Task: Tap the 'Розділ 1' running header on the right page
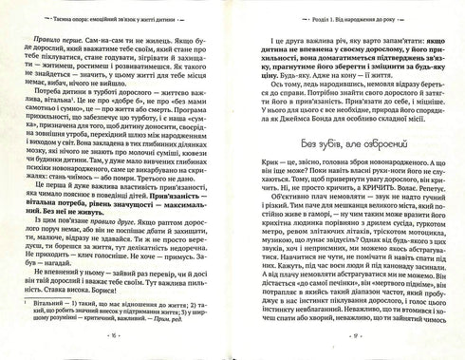(x=350, y=17)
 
